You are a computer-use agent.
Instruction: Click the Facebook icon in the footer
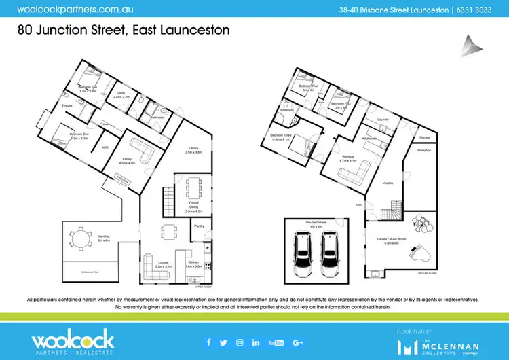[x=208, y=342]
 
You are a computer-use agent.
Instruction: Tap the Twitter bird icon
[x=224, y=342]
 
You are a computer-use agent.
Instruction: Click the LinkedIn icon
[x=256, y=342]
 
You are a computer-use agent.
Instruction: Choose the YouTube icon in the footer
[x=276, y=342]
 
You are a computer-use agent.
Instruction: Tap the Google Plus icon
[x=297, y=342]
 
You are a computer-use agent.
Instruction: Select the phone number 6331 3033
[x=476, y=10]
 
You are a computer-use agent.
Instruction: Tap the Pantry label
[x=200, y=224]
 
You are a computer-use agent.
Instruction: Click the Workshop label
[x=424, y=149]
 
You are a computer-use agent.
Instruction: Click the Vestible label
[x=388, y=183]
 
